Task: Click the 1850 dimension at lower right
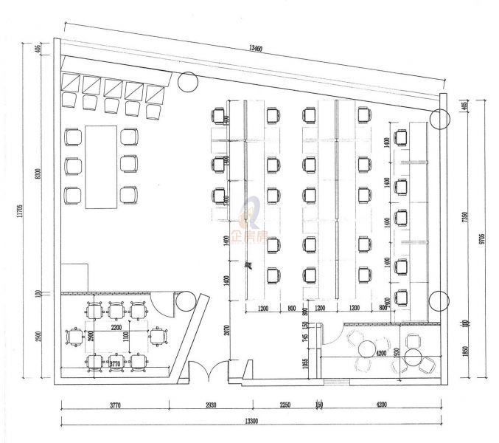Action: tap(465, 353)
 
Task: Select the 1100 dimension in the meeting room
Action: tap(125, 338)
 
